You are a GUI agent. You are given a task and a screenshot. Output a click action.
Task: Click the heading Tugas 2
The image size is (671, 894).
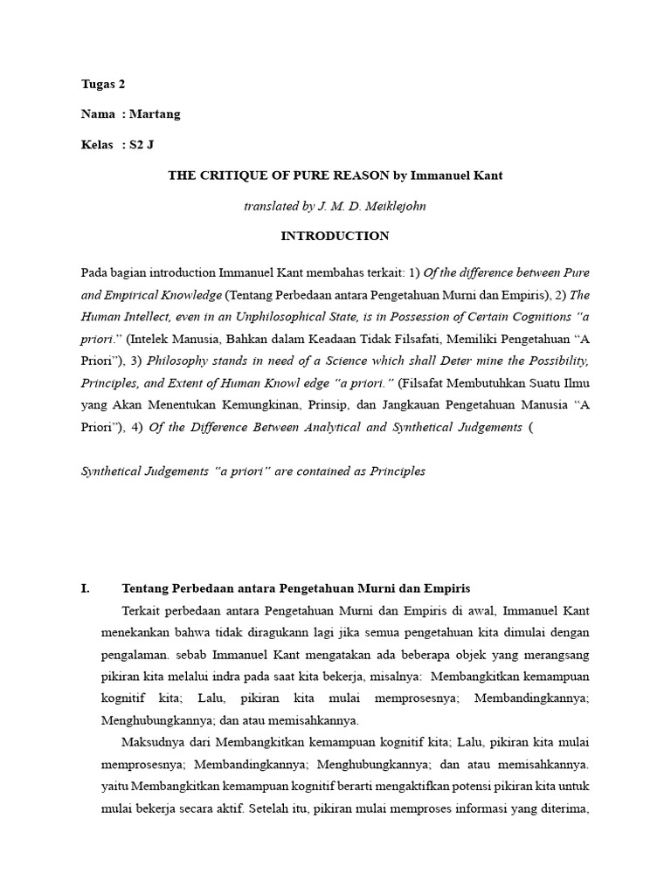point(104,85)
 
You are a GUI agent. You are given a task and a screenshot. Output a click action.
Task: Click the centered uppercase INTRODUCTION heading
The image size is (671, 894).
point(335,236)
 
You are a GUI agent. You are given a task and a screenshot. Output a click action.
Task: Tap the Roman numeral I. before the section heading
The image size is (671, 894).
point(85,588)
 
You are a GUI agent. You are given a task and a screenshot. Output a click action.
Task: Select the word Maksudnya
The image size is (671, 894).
point(150,743)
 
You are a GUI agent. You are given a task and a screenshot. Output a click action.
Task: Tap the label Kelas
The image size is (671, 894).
point(95,145)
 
